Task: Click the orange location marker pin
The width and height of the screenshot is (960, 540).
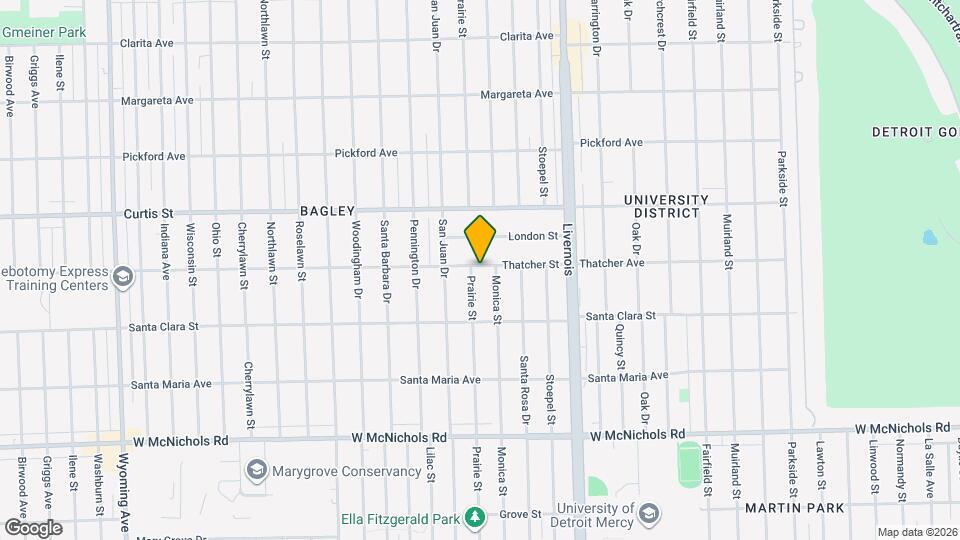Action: pos(481,239)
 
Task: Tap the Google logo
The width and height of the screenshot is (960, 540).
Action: pos(32,528)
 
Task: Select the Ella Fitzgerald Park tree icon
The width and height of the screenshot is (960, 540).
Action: pos(476,516)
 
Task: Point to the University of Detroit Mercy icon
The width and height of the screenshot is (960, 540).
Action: pos(647,514)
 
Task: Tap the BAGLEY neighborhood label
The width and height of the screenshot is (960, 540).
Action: pos(327,211)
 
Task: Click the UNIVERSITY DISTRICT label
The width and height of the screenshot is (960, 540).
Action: pos(666,206)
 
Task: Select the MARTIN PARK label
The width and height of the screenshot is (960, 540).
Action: pos(794,508)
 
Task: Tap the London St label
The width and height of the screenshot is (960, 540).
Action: pos(532,237)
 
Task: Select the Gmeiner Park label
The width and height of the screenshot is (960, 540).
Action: pos(44,32)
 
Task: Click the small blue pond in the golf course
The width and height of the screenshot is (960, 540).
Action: pos(930,239)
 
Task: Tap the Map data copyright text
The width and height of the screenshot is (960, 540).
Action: pos(916,532)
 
